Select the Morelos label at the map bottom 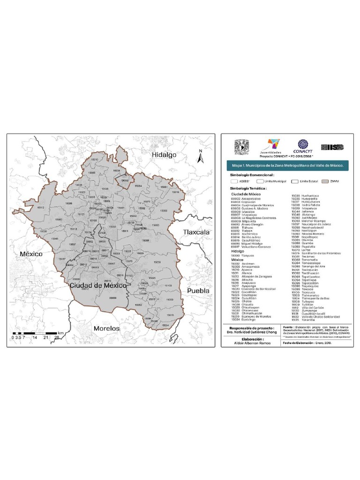click(106, 329)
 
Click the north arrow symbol click(200, 157)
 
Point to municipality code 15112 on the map click(41, 207)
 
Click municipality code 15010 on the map click(95, 159)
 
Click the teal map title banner click(288, 165)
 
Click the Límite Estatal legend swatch click(294, 180)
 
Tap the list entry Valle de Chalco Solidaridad click(321, 316)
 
